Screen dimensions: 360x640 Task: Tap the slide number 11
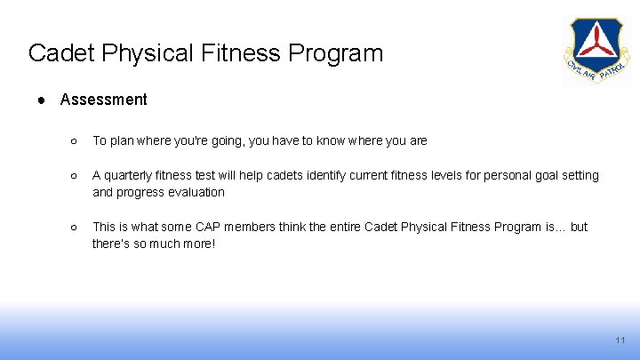pyautogui.click(x=620, y=341)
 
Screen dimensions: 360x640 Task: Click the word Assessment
pyautogui.click(x=103, y=100)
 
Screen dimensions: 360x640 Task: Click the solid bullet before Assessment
pyautogui.click(x=42, y=100)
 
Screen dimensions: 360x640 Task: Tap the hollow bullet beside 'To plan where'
pyautogui.click(x=75, y=140)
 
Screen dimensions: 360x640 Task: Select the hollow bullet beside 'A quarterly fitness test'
pyautogui.click(x=75, y=176)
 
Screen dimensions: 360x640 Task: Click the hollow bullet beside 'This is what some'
pyautogui.click(x=75, y=228)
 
